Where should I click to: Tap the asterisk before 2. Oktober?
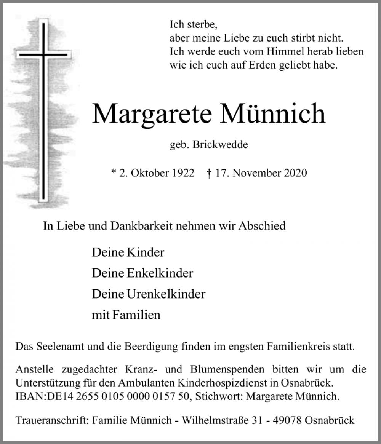pyautogui.click(x=113, y=172)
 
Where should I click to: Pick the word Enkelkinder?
pyautogui.click(x=159, y=273)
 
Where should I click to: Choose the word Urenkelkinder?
pyautogui.click(x=165, y=294)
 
